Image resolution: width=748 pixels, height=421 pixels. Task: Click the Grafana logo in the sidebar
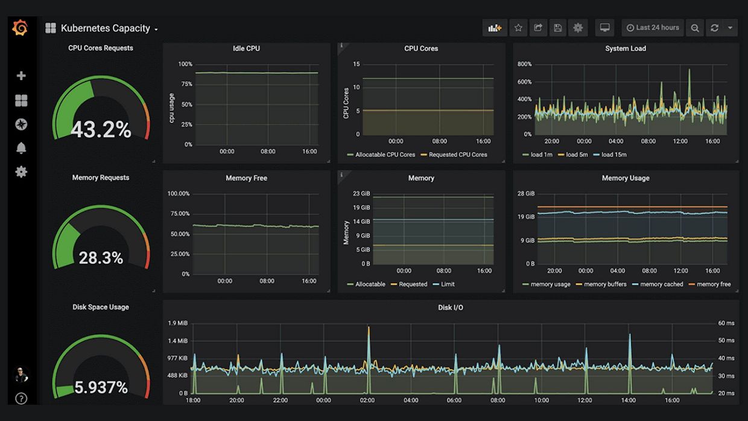(20, 28)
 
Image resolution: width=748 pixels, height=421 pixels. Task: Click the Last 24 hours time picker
(653, 28)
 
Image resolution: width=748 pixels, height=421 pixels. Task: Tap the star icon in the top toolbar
(518, 28)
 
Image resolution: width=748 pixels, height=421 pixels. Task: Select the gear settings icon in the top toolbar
(578, 28)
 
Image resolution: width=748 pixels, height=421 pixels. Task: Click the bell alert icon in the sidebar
(21, 148)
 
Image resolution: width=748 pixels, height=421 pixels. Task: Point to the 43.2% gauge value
(101, 129)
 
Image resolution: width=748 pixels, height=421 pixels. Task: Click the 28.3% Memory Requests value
(101, 258)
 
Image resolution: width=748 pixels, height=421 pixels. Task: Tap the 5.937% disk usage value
(101, 387)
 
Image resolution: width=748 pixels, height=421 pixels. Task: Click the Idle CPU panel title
(246, 48)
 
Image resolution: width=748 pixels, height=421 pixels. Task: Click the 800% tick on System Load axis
(524, 64)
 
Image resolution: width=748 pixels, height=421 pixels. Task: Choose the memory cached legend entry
(661, 284)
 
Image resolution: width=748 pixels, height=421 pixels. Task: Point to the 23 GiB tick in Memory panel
(361, 194)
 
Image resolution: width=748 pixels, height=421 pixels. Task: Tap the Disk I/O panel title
(450, 307)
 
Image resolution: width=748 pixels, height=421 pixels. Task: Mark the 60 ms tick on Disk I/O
(726, 323)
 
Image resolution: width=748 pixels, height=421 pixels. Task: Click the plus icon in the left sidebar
(21, 76)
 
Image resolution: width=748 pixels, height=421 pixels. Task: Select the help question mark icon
(21, 398)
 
